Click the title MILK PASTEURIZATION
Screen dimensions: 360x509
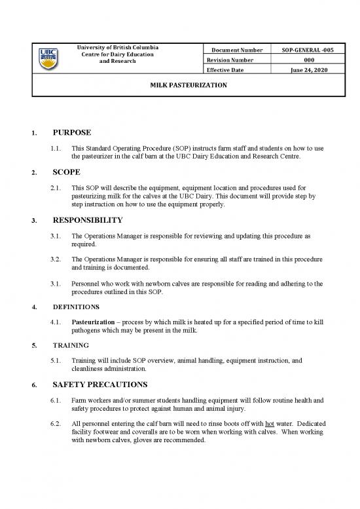coord(180,86)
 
